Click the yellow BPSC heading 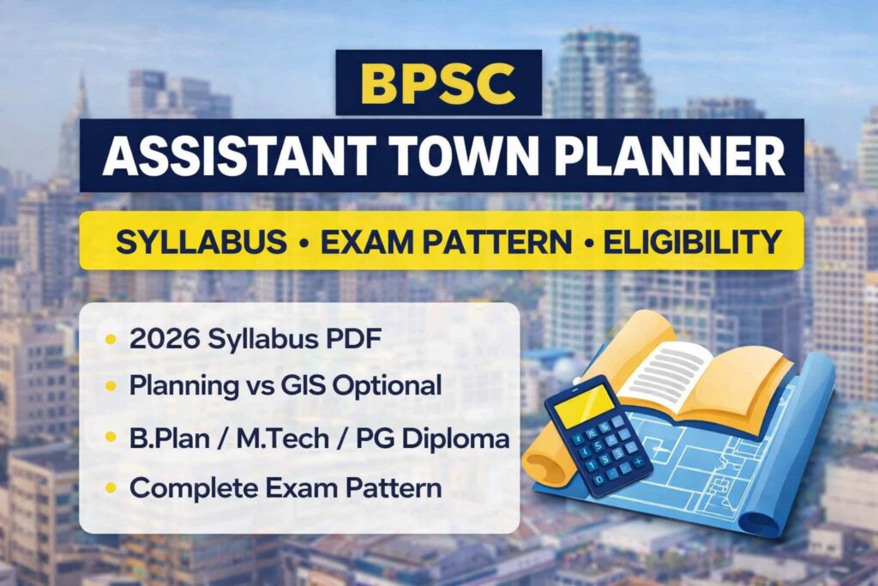438,82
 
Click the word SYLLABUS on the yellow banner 201,242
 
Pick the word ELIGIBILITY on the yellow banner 692,242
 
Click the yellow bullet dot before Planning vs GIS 109,386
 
